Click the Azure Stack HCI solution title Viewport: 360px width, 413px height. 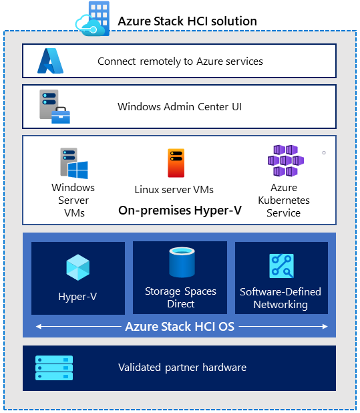coord(187,21)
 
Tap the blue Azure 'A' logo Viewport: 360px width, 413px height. coord(51,61)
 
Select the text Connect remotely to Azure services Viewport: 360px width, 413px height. coord(180,61)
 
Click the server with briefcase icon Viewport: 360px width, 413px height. coord(55,106)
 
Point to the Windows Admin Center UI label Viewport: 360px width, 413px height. coord(180,107)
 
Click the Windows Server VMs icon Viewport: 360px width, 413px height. coord(74,163)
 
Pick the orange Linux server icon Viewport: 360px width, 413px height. coord(176,163)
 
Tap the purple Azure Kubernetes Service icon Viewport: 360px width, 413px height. coord(286,160)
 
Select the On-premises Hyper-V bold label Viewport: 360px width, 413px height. coord(180,211)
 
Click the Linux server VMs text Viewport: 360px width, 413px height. coord(174,190)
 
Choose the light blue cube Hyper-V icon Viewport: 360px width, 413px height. coord(78,267)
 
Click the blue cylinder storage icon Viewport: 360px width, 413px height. coord(182,262)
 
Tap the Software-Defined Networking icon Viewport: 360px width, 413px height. coord(281,266)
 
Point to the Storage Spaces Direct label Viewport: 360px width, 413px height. coord(180,297)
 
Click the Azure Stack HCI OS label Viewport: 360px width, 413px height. coord(180,327)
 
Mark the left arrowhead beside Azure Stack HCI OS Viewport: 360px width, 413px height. coord(39,327)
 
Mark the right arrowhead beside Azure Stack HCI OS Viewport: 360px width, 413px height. coord(325,327)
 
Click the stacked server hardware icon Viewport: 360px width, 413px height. coord(54,368)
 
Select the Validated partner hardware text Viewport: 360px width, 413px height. coord(182,368)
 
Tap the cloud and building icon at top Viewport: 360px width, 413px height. coord(93,19)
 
